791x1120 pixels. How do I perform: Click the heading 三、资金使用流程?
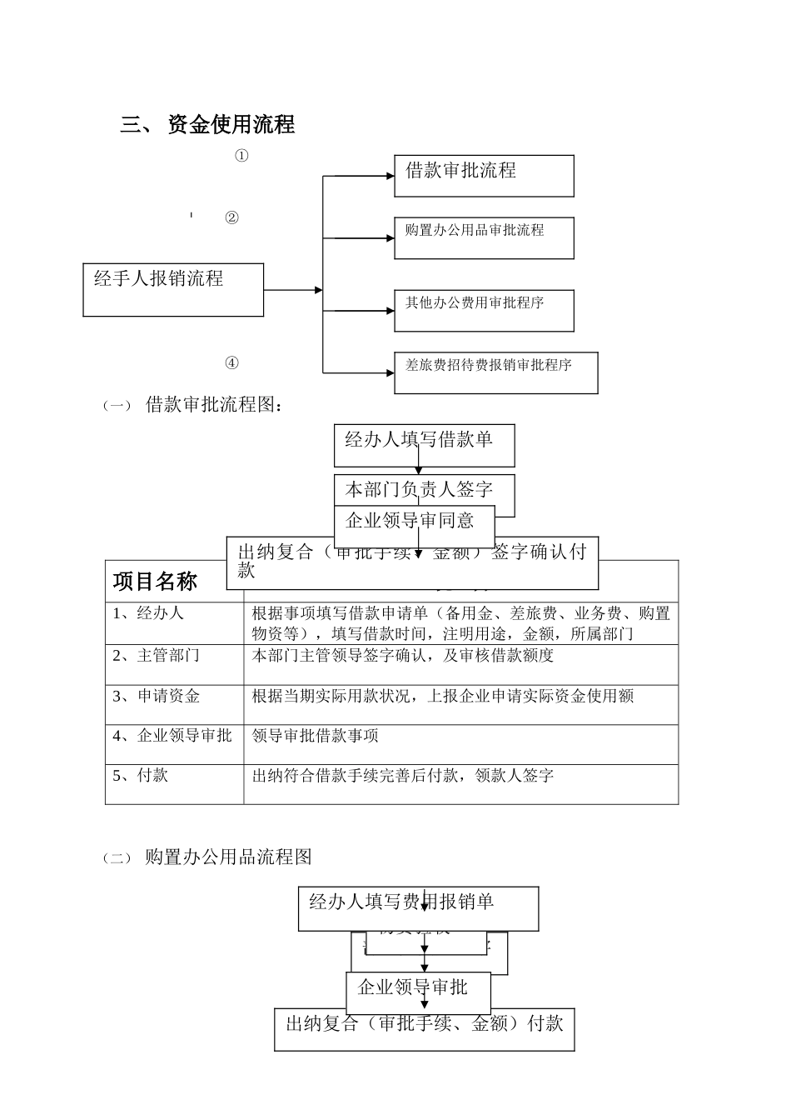[x=208, y=125]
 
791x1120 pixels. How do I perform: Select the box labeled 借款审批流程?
[x=484, y=175]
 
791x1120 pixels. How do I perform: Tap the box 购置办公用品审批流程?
[x=484, y=237]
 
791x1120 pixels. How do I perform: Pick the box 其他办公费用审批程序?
[x=484, y=310]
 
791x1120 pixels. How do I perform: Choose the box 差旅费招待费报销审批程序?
[x=495, y=372]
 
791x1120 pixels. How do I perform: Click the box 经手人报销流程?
[x=173, y=289]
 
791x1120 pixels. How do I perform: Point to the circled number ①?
[x=241, y=156]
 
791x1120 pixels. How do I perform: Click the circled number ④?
[x=232, y=363]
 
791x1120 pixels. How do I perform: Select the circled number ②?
[x=232, y=218]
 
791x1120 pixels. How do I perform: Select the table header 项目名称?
[x=155, y=581]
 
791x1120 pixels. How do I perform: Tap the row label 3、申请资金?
[x=157, y=696]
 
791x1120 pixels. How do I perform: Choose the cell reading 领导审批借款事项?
[x=316, y=736]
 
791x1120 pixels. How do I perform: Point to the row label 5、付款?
[x=141, y=776]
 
